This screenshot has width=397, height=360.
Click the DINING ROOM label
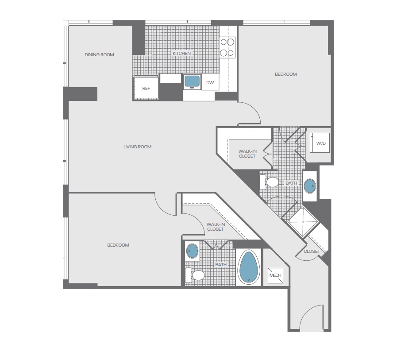(99, 55)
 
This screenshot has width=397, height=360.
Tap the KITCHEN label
(181, 54)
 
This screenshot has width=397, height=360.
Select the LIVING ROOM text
(138, 147)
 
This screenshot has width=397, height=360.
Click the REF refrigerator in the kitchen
(146, 88)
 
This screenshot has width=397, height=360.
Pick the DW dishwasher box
(210, 82)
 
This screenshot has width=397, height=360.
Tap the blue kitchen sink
(192, 81)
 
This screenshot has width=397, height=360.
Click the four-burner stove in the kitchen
(227, 47)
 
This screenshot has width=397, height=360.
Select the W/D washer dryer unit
(320, 143)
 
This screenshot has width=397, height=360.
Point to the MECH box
(275, 275)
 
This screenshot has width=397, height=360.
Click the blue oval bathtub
(249, 267)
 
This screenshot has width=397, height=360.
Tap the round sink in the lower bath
(192, 251)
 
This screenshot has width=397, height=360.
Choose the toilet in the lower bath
(195, 275)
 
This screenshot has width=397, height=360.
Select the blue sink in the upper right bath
(310, 186)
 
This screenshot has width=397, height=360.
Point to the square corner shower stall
(303, 222)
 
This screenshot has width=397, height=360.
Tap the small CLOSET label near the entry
(312, 252)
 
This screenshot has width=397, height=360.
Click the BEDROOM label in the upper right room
(286, 74)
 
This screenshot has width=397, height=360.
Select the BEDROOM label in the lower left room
(118, 245)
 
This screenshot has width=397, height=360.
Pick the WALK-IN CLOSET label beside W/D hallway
(247, 154)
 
